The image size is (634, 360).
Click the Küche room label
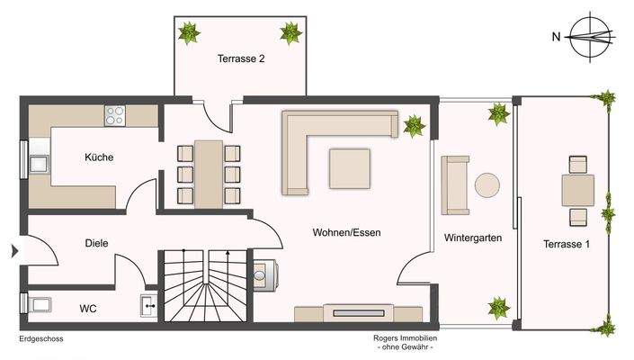coord(99,157)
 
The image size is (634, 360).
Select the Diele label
coord(97,243)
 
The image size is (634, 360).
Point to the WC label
coord(88,309)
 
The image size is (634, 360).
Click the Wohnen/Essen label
coord(346,232)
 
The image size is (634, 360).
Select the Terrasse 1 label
coord(566,244)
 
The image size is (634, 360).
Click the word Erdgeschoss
coord(40,340)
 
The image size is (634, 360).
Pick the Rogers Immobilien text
coord(406,339)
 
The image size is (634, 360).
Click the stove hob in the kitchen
coord(116,115)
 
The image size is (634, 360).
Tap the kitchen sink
coord(40,164)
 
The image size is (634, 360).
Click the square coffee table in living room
coord(349,168)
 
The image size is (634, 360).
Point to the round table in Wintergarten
coord(487,185)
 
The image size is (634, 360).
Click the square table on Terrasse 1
coord(576,190)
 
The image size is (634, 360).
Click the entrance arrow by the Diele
coord(12,251)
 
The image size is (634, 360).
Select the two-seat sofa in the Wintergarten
coord(454,185)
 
